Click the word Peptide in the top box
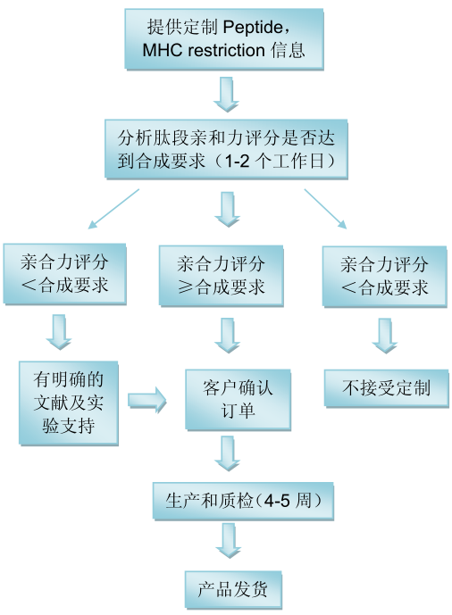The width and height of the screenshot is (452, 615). [x=253, y=28]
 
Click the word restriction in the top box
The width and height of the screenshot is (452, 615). [x=227, y=50]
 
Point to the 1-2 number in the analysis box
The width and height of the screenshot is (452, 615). [x=237, y=161]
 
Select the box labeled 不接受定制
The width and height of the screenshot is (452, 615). [x=387, y=388]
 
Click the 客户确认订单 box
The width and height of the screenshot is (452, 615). [x=239, y=400]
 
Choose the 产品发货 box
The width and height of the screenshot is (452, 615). [x=233, y=589]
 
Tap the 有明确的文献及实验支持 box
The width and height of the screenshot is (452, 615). [x=69, y=403]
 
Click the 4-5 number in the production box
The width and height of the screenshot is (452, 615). [x=277, y=501]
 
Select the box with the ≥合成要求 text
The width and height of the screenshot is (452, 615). [x=221, y=276]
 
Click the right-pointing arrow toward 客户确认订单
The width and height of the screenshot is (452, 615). [x=147, y=400]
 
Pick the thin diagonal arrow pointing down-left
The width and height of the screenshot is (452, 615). [x=113, y=209]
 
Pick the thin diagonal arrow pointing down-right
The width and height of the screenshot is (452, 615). [x=325, y=209]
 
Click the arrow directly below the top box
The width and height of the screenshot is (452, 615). [x=226, y=94]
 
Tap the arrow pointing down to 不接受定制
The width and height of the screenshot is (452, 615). [x=385, y=336]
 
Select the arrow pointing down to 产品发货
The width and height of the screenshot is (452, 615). [x=229, y=541]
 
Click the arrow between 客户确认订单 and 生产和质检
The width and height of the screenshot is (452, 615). [x=228, y=453]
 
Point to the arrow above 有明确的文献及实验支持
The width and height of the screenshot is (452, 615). [x=59, y=332]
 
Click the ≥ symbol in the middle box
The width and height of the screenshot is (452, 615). [x=184, y=287]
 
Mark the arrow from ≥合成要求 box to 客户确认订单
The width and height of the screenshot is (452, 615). [x=228, y=336]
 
